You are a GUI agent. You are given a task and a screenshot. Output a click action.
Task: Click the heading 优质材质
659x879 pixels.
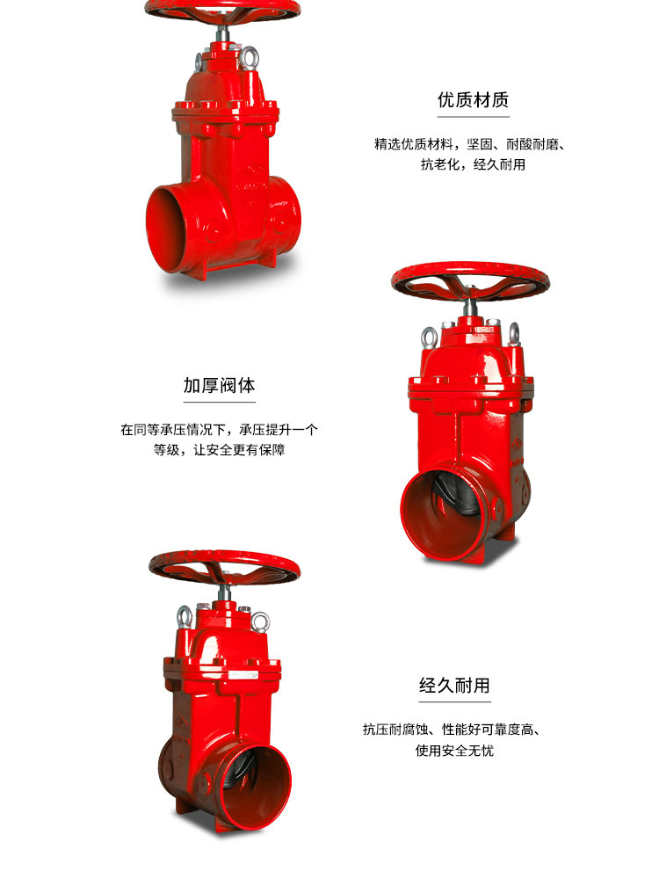point(473,99)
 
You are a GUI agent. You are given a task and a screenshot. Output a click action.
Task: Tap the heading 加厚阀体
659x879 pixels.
point(219,385)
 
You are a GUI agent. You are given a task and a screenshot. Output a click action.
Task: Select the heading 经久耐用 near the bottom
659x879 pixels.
point(454,685)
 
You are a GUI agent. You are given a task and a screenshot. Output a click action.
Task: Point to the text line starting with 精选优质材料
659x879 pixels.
point(469,143)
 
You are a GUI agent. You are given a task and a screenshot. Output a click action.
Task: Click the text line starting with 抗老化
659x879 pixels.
point(473,164)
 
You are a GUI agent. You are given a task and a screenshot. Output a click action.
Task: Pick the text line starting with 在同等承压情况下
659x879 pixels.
point(219,430)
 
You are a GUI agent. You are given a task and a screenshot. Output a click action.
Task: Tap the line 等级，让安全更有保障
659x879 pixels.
point(219,450)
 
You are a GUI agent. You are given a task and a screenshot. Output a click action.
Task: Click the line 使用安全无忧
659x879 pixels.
point(454,751)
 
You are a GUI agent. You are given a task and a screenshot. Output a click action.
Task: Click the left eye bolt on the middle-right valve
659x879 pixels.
point(430,336)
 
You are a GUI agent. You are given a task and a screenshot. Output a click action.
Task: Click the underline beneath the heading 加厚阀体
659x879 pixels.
point(219,402)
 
